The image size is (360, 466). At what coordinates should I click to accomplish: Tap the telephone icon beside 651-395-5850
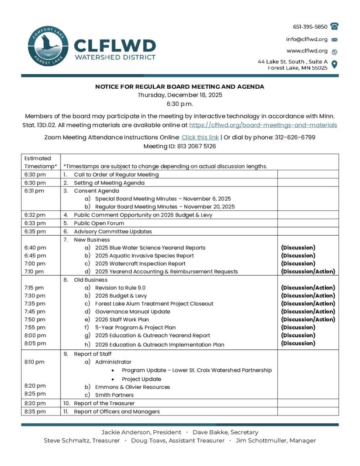pyautogui.click(x=335, y=26)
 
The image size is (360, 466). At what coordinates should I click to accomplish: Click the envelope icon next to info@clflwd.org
pyautogui.click(x=335, y=39)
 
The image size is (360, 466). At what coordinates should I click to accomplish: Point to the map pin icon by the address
pyautogui.click(x=335, y=64)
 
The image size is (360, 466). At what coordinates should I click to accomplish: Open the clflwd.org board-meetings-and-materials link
pyautogui.click(x=263, y=125)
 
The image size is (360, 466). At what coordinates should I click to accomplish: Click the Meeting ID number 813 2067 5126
pyautogui.click(x=196, y=146)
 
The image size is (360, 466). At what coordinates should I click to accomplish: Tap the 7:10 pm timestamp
pyautogui.click(x=35, y=272)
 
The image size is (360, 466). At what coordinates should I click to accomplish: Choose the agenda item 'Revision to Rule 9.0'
pyautogui.click(x=120, y=288)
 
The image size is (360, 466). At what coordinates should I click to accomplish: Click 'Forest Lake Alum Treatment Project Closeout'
pyautogui.click(x=154, y=304)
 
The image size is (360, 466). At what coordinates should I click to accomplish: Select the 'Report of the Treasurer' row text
pyautogui.click(x=104, y=403)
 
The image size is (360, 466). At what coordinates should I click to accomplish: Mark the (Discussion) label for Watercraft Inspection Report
pyautogui.click(x=298, y=263)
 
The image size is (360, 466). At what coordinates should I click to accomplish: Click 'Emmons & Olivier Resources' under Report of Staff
pyautogui.click(x=132, y=387)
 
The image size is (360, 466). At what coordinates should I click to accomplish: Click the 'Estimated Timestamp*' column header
pyautogui.click(x=41, y=162)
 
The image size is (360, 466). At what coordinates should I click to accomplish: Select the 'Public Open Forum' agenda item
pyautogui.click(x=99, y=223)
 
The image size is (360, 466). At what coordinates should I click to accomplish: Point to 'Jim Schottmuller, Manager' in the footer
pyautogui.click(x=275, y=441)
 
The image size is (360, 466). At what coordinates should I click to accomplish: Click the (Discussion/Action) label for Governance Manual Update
pyautogui.click(x=308, y=311)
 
